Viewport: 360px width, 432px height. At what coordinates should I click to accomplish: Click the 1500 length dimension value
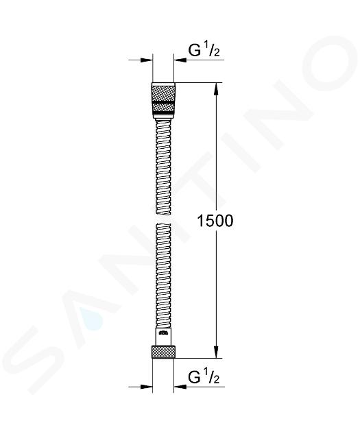215,221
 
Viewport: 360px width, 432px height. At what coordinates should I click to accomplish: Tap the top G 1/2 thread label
204,50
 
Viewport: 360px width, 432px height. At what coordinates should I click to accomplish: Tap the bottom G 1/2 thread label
204,377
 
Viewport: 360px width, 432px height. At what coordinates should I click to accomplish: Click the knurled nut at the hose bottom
163,351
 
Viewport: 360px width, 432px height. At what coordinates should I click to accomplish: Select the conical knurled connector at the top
163,101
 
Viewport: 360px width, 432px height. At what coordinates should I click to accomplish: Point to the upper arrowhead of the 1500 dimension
217,88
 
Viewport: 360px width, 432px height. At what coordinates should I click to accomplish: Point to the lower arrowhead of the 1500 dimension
217,352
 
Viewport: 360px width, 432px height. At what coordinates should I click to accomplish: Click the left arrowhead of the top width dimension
147,60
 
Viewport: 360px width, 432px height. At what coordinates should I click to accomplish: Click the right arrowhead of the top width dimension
180,60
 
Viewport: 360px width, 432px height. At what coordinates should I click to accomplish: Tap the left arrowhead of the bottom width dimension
147,387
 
